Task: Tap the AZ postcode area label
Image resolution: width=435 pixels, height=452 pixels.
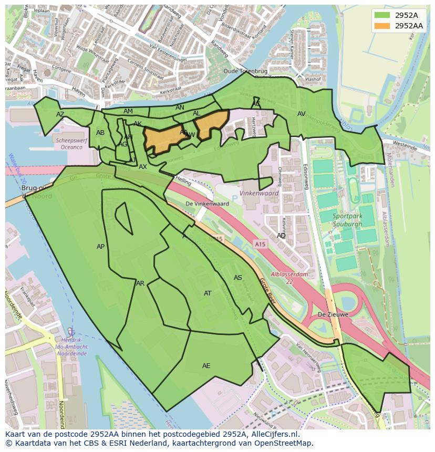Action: click(x=60, y=114)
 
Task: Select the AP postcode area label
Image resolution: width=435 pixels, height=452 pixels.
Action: click(x=101, y=247)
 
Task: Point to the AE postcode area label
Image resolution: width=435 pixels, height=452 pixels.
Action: click(x=206, y=366)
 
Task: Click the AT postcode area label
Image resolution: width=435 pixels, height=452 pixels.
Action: click(x=208, y=293)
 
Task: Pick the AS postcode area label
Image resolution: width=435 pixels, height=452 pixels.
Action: click(x=238, y=278)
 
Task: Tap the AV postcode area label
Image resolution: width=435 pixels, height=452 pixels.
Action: click(x=302, y=114)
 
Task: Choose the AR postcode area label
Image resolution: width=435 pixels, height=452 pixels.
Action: click(x=140, y=283)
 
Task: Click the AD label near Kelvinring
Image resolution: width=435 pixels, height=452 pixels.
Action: click(x=282, y=236)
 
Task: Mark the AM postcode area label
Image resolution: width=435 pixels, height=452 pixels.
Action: click(x=128, y=111)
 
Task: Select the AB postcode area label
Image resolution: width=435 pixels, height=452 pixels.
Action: click(x=100, y=133)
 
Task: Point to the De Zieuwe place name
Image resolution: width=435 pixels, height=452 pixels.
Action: click(x=333, y=315)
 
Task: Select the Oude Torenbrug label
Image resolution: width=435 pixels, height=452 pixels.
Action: click(x=245, y=71)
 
